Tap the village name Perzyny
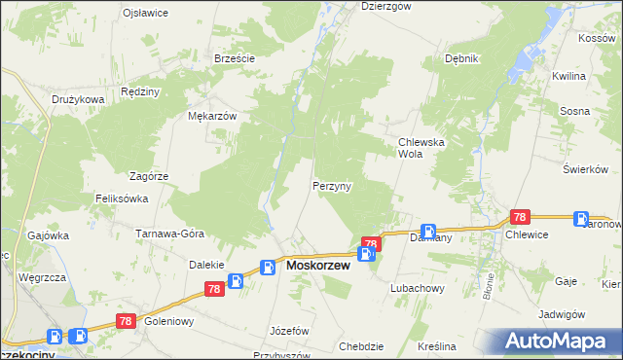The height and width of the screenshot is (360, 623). [x=332, y=185]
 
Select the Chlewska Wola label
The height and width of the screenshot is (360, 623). [x=421, y=147]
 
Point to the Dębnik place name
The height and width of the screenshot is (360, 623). [x=461, y=58]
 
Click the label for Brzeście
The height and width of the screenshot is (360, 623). [x=234, y=58]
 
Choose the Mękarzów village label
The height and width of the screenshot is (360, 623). [x=212, y=115]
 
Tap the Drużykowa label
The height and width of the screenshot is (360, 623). [x=78, y=99]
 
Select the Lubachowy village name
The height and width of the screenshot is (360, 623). [x=417, y=289]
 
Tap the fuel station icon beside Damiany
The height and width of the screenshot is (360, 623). [x=428, y=232]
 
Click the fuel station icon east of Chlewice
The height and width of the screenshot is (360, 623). [x=581, y=220]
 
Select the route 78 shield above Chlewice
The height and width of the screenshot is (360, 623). [x=520, y=218]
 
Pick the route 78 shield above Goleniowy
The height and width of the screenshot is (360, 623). [x=125, y=319]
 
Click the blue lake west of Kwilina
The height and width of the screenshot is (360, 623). [x=527, y=61]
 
